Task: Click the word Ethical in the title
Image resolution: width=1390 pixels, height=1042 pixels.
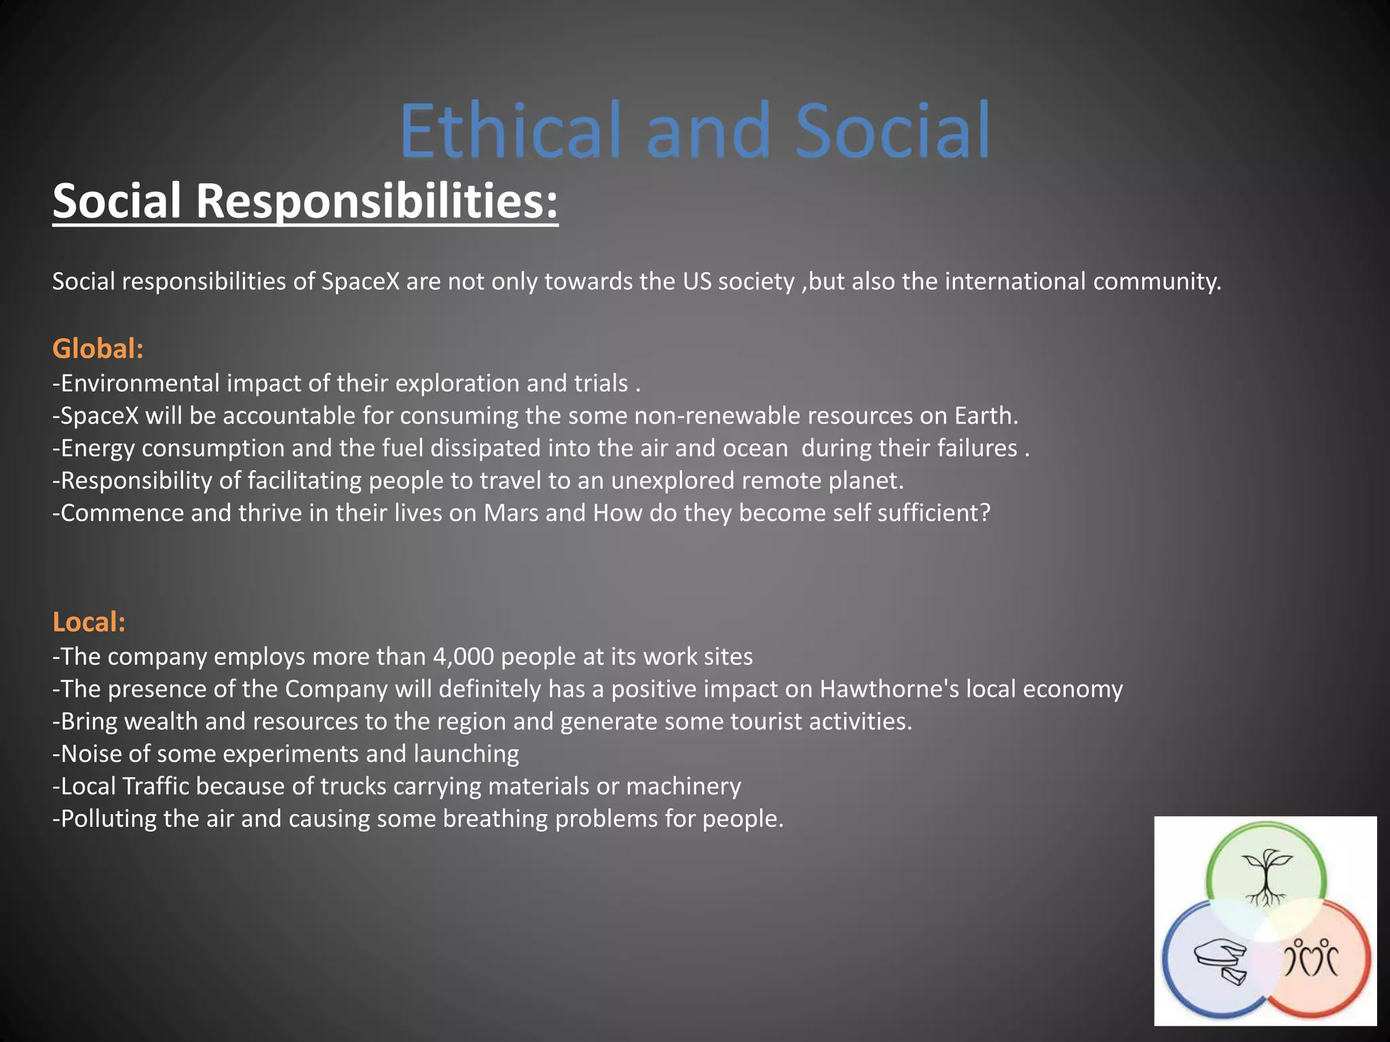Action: (510, 130)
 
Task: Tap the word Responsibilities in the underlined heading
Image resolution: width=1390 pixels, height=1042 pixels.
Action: (377, 201)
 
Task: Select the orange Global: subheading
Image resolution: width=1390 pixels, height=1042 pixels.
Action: (98, 349)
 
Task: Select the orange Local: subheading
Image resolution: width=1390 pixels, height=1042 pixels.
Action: (89, 622)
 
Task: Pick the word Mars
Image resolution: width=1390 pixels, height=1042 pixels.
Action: (511, 513)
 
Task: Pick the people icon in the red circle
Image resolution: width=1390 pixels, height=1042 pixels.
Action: (1311, 957)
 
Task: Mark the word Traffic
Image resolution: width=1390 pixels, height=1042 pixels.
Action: (155, 786)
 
